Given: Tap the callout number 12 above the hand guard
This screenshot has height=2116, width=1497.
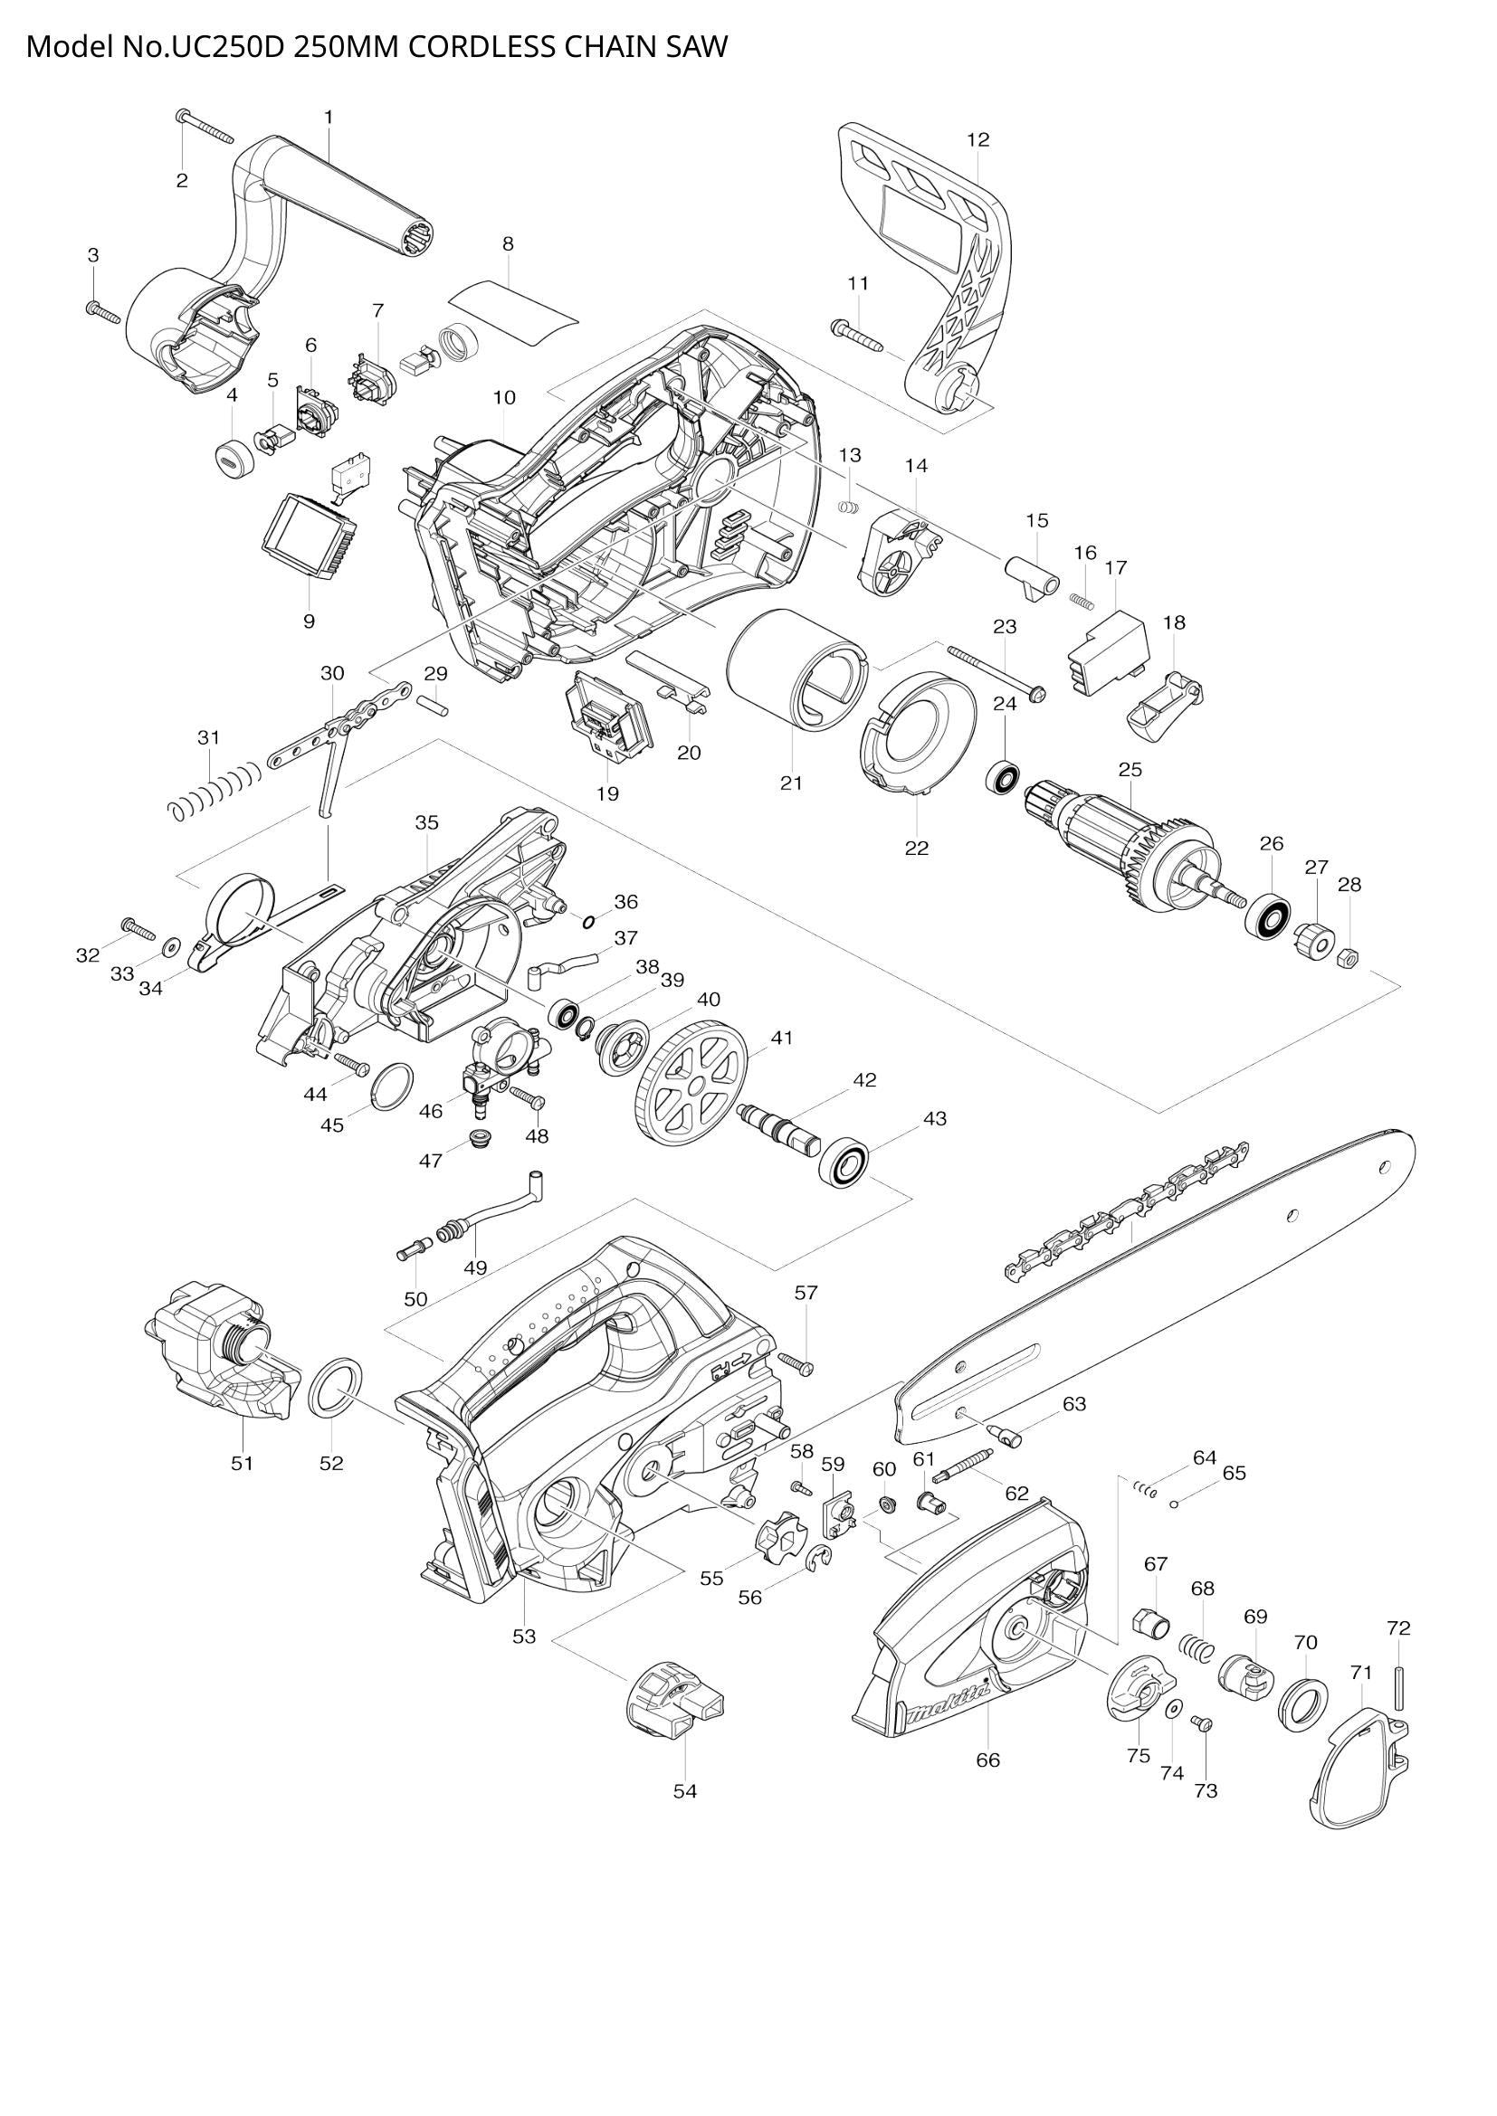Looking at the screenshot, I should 978,139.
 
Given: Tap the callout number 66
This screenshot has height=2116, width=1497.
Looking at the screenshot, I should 987,1760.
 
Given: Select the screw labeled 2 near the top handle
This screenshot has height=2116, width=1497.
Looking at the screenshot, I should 205,127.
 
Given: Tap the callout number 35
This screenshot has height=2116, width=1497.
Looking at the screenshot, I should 427,822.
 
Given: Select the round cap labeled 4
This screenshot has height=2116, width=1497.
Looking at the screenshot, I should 233,459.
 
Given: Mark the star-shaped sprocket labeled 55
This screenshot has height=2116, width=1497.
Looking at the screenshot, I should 778,1536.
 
